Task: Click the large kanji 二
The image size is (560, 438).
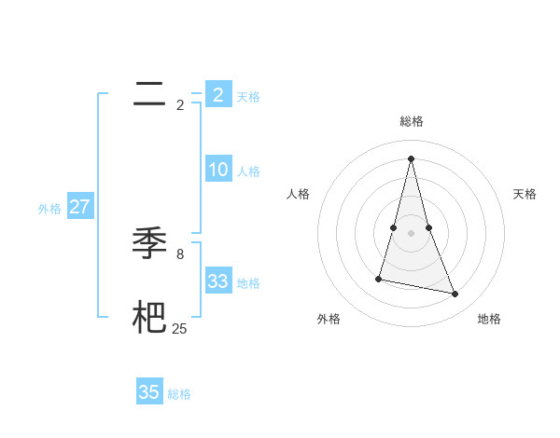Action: click(x=150, y=94)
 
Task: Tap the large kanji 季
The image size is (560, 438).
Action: click(x=150, y=243)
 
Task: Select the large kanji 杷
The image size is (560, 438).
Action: click(x=150, y=318)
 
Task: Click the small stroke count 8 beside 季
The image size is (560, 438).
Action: click(x=180, y=253)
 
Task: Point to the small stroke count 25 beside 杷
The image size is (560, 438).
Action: click(x=180, y=328)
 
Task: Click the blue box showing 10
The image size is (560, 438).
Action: click(x=218, y=170)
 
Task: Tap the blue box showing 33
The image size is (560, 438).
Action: click(x=218, y=281)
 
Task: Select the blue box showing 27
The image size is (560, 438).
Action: click(x=80, y=207)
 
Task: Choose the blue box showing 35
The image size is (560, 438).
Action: click(x=149, y=392)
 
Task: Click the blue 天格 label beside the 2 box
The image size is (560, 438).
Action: click(x=248, y=96)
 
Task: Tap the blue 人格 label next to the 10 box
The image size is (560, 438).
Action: click(x=248, y=171)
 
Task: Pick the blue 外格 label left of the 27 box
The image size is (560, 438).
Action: click(x=49, y=209)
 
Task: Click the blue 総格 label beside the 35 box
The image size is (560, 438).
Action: click(x=179, y=394)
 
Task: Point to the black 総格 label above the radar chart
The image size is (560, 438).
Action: click(x=412, y=121)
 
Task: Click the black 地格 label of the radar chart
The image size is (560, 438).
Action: click(x=489, y=319)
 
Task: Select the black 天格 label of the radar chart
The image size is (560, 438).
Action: click(x=525, y=194)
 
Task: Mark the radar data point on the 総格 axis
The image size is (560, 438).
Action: click(x=411, y=157)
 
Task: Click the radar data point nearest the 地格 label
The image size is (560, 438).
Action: click(x=455, y=294)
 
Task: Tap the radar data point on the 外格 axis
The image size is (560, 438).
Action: click(x=379, y=279)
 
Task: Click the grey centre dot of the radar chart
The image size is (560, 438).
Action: click(x=411, y=233)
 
